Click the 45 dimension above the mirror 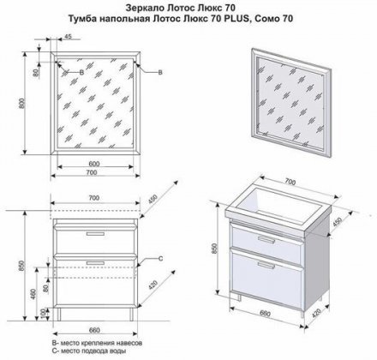pos(68,36)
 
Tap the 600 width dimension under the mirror pos(94,164)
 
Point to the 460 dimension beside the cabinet pos(33,295)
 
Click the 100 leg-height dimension pos(44,315)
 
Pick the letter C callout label pos(160,259)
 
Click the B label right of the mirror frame pos(160,73)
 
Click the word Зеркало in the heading pos(141,6)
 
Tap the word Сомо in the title pos(263,19)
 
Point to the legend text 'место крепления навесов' pos(101,343)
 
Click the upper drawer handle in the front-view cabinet pos(95,234)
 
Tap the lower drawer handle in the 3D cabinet pos(266,266)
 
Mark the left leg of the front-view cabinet pos(59,314)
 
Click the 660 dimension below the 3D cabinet pos(266,314)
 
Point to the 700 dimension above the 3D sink pos(290,182)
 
